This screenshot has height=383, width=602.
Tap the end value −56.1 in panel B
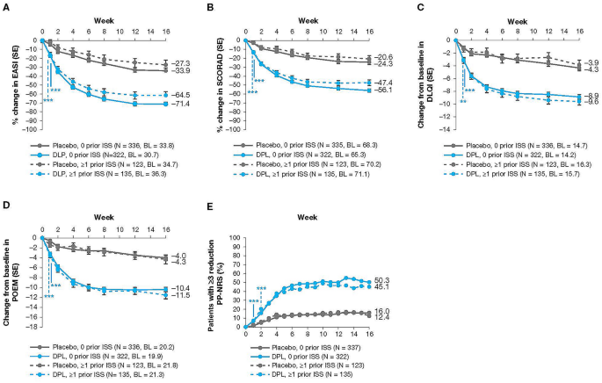click(379, 90)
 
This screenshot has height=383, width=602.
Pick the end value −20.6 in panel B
click(379, 56)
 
